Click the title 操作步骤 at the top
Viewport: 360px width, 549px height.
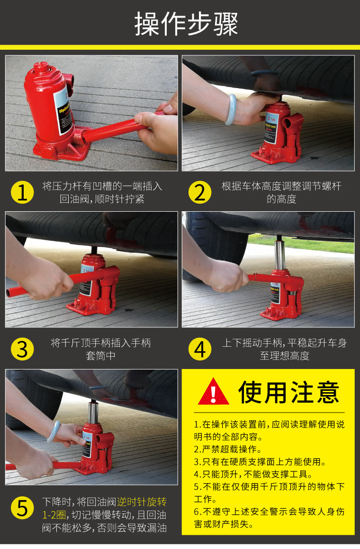click(x=186, y=24)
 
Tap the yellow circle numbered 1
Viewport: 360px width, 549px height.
click(x=22, y=192)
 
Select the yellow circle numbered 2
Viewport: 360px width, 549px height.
click(x=199, y=192)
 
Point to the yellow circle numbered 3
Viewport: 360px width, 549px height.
click(x=22, y=349)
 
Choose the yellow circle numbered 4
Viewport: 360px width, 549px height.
click(x=199, y=349)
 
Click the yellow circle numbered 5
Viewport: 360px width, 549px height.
click(x=22, y=508)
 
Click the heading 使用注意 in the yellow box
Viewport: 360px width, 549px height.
click(x=289, y=392)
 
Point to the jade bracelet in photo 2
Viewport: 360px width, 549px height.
click(x=231, y=109)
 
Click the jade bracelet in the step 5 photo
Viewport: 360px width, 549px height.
click(x=54, y=432)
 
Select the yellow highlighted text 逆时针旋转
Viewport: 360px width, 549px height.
click(x=142, y=502)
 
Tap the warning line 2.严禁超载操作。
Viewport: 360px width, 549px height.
click(x=228, y=449)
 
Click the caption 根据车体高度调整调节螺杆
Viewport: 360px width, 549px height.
click(x=281, y=186)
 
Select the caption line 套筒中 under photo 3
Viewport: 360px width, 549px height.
click(x=100, y=356)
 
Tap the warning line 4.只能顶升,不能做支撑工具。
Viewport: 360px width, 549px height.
click(x=253, y=474)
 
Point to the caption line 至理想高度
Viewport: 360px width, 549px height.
click(x=284, y=356)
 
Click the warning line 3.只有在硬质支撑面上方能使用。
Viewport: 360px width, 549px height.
click(x=260, y=462)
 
